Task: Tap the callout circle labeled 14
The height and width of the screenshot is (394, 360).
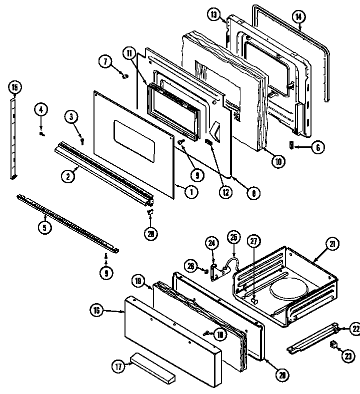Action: click(298, 16)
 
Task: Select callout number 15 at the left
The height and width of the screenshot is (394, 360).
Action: click(14, 88)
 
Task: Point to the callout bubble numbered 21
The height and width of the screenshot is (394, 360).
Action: click(332, 245)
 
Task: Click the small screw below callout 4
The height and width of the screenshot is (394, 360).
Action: click(42, 133)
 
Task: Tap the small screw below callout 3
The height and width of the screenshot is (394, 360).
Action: click(82, 141)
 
